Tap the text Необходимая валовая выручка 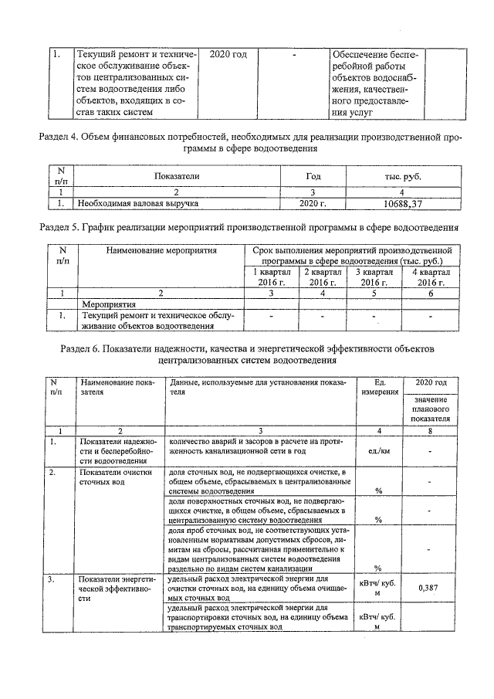tap(137, 204)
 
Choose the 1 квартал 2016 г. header tap(271, 277)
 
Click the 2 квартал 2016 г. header tap(323, 277)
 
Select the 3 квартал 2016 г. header tap(375, 277)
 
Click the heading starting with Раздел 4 tap(246, 141)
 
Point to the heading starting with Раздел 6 tap(246, 355)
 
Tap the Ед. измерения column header tap(379, 387)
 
